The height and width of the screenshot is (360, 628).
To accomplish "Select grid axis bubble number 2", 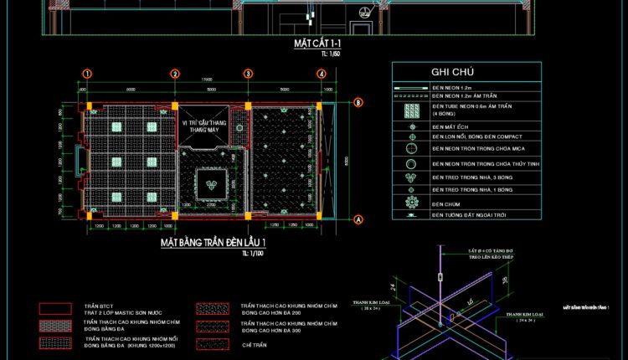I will (176, 74).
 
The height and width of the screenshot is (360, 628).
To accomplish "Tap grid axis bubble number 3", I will (249, 74).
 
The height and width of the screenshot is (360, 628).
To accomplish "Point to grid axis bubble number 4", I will (322, 74).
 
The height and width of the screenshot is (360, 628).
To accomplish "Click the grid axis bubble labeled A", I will (358, 220).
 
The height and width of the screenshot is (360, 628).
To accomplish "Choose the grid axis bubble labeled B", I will (358, 103).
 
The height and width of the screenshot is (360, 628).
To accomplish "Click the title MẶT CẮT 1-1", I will (314, 43).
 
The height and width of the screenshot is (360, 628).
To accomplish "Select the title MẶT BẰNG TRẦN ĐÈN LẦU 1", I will (213, 243).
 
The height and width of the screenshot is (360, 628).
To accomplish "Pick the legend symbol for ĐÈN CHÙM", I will (411, 203).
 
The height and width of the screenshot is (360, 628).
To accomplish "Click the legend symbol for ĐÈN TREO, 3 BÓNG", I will (411, 177).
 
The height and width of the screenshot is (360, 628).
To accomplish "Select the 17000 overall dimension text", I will (205, 80).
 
